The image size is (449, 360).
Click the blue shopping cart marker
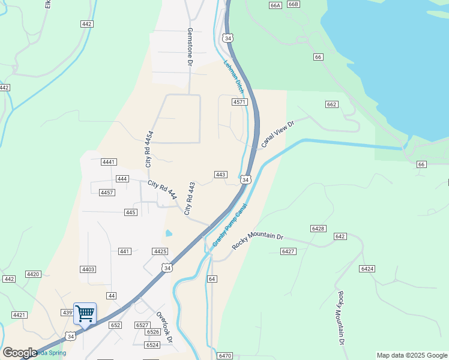[85, 313]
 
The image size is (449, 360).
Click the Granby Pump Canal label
[229, 226]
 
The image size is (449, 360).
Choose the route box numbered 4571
[240, 102]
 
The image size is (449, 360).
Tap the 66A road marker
[276, 5]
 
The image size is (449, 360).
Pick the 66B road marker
[293, 4]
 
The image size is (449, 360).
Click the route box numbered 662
[331, 104]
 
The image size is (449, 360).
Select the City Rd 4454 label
[148, 148]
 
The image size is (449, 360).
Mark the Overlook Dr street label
[164, 327]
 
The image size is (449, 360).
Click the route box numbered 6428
[318, 229]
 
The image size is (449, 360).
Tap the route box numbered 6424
[367, 268]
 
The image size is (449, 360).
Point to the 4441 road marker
[109, 162]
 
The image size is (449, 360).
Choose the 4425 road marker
[160, 251]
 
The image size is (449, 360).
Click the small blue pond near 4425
[169, 233]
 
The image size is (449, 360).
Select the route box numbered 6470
[225, 356]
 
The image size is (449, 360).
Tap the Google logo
[20, 353]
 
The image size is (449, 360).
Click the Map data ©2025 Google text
[411, 355]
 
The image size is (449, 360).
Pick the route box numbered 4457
[107, 193]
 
